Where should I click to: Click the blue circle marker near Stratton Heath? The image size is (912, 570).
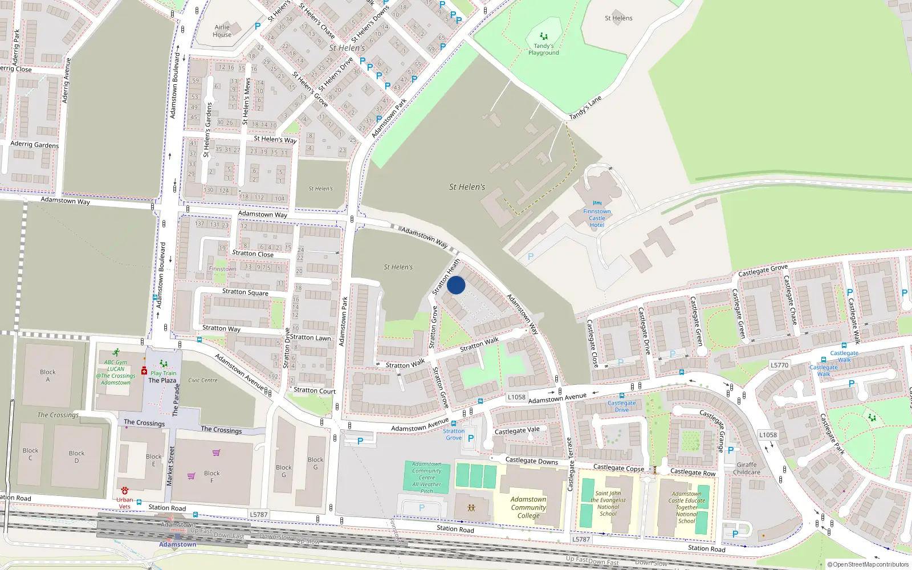[x=456, y=285]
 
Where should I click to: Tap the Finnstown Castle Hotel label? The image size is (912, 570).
[x=597, y=218]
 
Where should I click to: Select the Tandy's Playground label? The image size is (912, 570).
[x=543, y=49]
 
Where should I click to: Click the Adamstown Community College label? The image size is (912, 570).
[x=528, y=507]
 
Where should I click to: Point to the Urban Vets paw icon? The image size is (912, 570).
[x=125, y=491]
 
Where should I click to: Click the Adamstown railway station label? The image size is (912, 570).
[x=177, y=544]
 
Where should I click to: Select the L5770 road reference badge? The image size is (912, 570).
[x=779, y=365]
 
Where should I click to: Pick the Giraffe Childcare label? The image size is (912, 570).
[x=747, y=469]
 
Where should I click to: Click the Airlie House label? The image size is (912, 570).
[x=222, y=31]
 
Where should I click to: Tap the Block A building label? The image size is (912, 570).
[x=48, y=376]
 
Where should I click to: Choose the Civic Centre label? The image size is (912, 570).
[x=203, y=380]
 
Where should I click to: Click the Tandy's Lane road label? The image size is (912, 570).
[x=585, y=108]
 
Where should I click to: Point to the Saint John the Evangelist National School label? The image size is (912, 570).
[x=608, y=503]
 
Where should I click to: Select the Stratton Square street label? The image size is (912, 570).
[x=245, y=292]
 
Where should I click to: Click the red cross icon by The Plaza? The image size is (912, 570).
[x=144, y=370]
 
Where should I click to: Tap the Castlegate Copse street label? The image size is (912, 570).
[x=618, y=468]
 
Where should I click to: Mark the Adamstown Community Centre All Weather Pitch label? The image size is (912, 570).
[x=427, y=478]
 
